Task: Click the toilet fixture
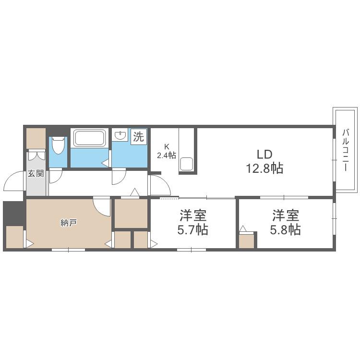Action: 58,145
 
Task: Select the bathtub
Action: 89,138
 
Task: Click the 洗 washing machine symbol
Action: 139,137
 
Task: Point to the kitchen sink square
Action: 187,164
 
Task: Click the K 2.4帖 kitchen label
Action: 167,151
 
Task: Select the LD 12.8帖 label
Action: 264,161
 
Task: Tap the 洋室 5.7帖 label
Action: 193,222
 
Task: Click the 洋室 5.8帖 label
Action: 286,222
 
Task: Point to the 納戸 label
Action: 69,223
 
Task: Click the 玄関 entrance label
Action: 36,173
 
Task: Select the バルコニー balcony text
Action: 346,150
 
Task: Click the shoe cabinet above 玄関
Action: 36,138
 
